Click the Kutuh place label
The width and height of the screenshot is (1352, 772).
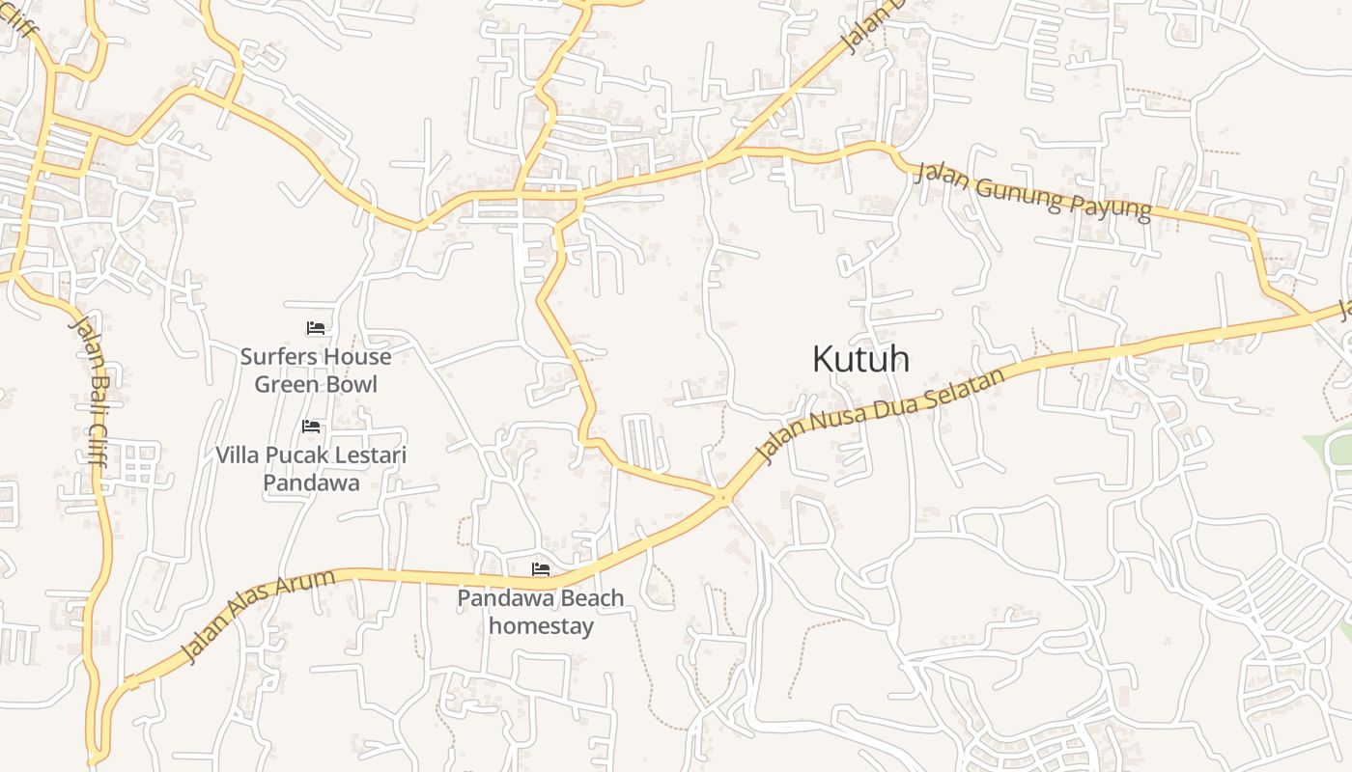click(x=860, y=359)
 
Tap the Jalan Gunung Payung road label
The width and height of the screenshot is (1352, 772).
click(x=1031, y=192)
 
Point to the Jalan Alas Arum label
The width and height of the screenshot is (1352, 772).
click(x=259, y=617)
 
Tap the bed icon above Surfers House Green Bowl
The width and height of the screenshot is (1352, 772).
click(x=315, y=328)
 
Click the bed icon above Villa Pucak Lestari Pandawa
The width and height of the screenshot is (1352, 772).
click(x=310, y=426)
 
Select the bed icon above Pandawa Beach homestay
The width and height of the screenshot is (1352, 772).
click(x=541, y=569)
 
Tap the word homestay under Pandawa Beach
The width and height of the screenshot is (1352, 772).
click(x=541, y=625)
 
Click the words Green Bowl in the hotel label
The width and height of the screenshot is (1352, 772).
click(x=316, y=384)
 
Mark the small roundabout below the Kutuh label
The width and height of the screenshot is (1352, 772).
click(x=723, y=498)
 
